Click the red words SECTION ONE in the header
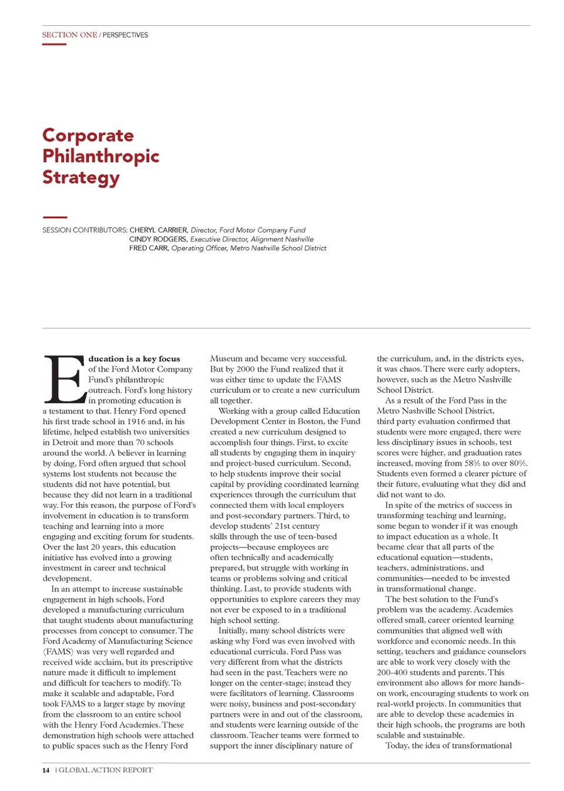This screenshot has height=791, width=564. (69, 35)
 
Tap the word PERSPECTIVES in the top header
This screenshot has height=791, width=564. (125, 35)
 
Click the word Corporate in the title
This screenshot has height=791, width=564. (88, 136)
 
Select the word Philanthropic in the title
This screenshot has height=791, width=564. (100, 156)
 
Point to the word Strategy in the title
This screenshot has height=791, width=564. (81, 178)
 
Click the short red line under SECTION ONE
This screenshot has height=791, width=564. (54, 44)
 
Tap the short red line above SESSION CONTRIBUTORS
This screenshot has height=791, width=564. (55, 217)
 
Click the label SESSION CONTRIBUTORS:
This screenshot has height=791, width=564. (85, 230)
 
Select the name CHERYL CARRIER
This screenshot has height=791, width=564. (159, 230)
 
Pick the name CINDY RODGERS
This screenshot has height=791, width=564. (159, 239)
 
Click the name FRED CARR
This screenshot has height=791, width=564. (149, 248)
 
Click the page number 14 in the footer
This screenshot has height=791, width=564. (46, 770)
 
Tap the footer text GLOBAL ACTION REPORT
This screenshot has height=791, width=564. (105, 770)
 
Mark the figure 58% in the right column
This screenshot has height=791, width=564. (472, 463)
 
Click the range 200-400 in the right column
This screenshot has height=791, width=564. (392, 672)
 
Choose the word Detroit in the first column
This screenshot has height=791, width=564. (65, 443)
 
